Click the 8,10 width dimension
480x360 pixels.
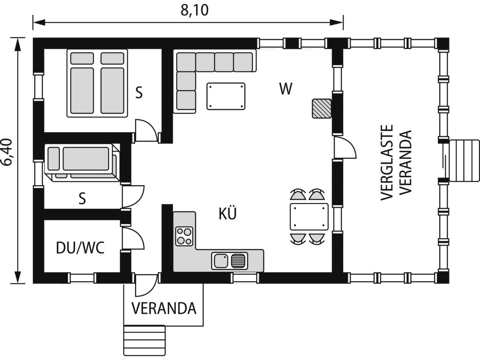tap(195, 10)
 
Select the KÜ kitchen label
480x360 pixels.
tap(228, 213)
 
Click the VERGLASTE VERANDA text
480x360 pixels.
tap(396, 163)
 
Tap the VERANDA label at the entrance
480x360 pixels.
tap(164, 308)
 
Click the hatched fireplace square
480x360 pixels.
tap(322, 108)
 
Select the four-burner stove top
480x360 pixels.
tap(184, 236)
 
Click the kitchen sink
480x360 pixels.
tap(229, 261)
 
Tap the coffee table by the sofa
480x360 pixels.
tap(226, 96)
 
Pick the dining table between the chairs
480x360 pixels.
tap(309, 217)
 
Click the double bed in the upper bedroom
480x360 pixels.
tap(97, 83)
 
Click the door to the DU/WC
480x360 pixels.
tap(133, 239)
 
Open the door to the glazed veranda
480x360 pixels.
tap(345, 148)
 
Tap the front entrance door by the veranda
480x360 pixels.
tap(146, 285)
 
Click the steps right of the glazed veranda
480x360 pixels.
tap(464, 160)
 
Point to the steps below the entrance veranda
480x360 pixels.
tap(144, 340)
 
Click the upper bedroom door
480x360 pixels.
tap(146, 130)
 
